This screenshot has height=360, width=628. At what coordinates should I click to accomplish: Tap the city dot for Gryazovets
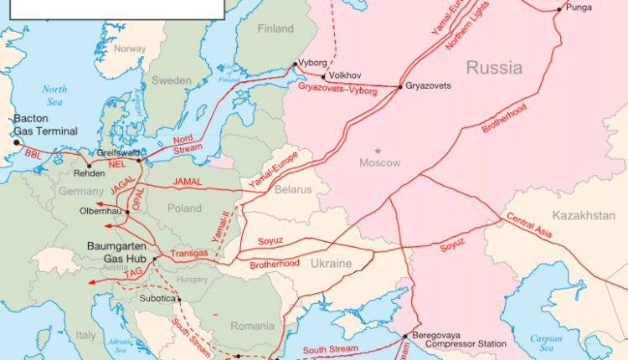[400, 86]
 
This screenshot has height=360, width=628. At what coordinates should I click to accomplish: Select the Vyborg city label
[314, 64]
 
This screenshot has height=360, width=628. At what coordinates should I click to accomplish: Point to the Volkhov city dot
[322, 76]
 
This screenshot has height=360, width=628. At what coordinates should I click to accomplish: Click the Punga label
[579, 8]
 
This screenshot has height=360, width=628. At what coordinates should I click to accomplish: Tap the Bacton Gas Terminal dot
[16, 142]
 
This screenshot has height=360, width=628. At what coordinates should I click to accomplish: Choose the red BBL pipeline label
[33, 155]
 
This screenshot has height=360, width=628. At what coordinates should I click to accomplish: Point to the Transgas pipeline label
[188, 252]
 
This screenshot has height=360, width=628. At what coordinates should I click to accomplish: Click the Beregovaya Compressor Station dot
[406, 336]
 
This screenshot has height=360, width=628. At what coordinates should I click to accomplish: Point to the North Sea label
[54, 95]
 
